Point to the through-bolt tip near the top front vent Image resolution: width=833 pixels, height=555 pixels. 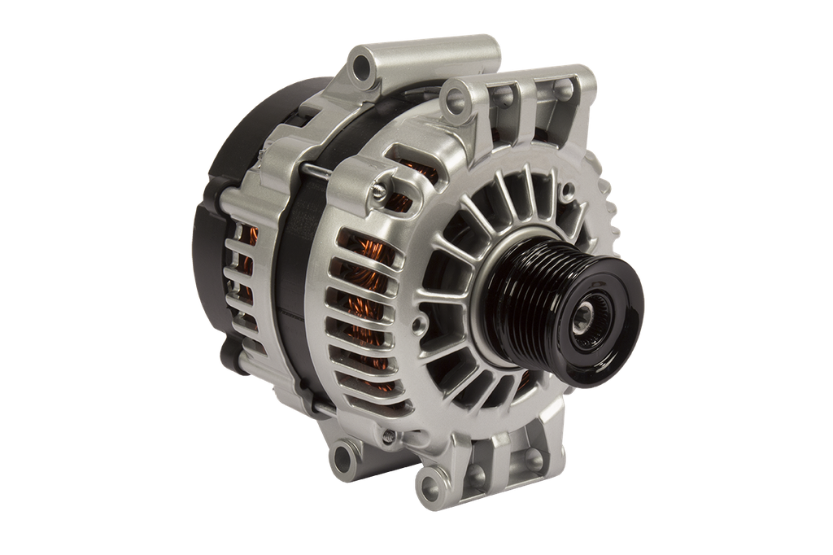(x=379, y=190)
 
